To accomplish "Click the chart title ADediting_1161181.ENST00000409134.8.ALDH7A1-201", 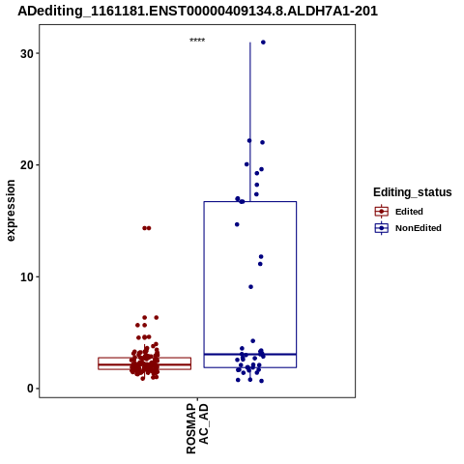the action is coord(197,11).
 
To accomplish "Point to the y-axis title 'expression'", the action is coord(11,211).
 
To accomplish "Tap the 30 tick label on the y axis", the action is coord(27,54).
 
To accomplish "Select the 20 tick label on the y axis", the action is coord(27,165).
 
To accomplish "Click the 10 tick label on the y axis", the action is coord(27,277).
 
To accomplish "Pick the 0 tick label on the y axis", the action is coord(31,389).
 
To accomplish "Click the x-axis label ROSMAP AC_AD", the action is coord(197,428).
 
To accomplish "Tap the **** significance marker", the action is coord(197,41).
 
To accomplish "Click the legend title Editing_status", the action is coord(413,192).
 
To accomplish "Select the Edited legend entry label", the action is coord(409,212).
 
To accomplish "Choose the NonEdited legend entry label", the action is coord(419,228).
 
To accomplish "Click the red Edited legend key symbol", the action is coord(382,212).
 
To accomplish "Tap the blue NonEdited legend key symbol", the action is coord(382,228).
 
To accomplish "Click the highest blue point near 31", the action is coord(263,43).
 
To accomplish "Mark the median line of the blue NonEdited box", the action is coord(250,354).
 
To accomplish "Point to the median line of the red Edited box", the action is coord(144,364).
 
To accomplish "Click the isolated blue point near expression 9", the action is coord(250,287).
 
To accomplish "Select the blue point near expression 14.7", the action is coord(237,224).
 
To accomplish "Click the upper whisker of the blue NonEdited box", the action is coord(250,122).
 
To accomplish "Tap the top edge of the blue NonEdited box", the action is coord(250,202).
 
